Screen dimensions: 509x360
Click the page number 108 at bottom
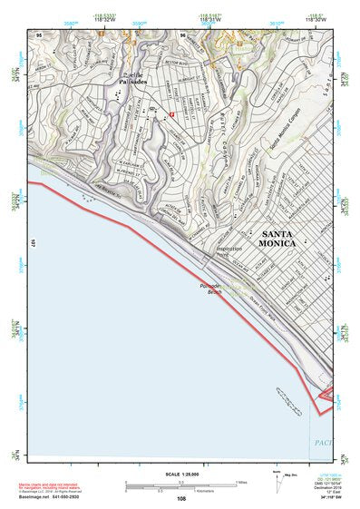pyautogui.click(x=181, y=499)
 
